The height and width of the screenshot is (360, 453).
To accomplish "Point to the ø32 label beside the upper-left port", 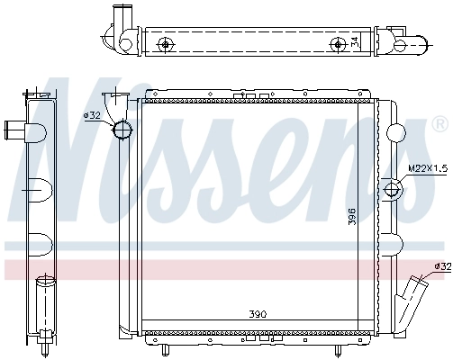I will (x=92, y=115).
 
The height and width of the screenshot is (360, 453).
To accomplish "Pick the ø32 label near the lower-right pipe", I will (x=441, y=266).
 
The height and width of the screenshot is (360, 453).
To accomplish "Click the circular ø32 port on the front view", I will (x=122, y=130).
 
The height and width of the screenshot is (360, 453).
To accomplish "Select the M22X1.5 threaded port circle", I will (x=394, y=190).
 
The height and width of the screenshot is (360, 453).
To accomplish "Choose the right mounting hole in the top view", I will (x=338, y=45).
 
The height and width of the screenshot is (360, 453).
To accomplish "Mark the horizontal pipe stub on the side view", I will (x=16, y=130).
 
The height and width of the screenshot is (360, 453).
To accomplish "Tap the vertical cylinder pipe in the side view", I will (x=42, y=306).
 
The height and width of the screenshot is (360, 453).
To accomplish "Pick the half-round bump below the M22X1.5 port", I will (x=393, y=243).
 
